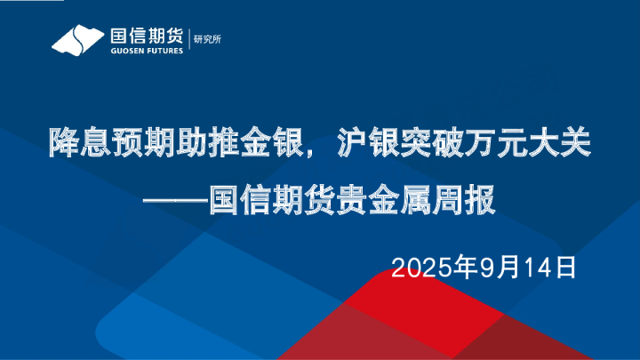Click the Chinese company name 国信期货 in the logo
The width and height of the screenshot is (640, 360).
[x=146, y=36]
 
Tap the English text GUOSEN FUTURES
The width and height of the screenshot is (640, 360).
[x=146, y=51]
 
